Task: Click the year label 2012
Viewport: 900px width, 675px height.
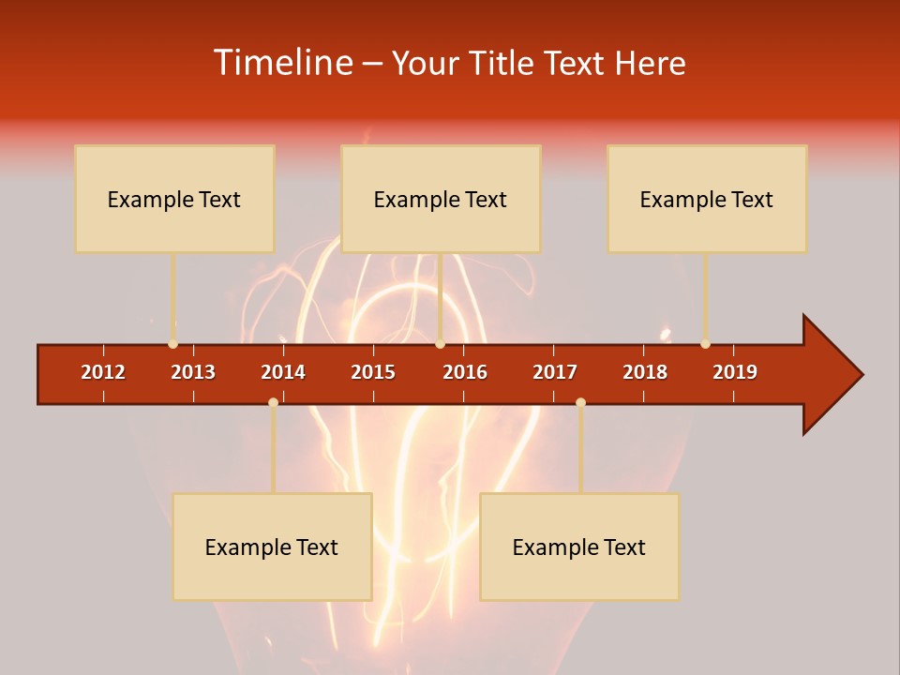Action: pos(103,372)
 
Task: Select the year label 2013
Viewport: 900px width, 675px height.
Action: pos(193,372)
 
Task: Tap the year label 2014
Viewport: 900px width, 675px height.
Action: pos(283,372)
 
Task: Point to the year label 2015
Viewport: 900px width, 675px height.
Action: pos(373,372)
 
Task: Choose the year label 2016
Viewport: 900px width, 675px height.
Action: pos(465,372)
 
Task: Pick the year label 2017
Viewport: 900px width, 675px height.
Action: pos(555,372)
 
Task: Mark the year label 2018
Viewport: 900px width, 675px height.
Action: pos(645,372)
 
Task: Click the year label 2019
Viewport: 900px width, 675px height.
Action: pos(735,372)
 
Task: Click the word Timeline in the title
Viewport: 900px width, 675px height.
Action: pos(282,63)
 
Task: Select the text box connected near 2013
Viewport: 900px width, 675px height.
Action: pos(174,199)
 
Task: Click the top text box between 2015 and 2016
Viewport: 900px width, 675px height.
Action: pos(441,199)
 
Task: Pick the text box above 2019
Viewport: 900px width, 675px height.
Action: pos(707,199)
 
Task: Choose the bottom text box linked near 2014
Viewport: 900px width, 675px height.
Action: pos(272,547)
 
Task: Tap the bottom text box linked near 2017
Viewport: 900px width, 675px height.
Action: pos(579,547)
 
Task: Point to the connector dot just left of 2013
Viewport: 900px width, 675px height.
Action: pos(172,344)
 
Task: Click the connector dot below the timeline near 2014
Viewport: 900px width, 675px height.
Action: pos(273,402)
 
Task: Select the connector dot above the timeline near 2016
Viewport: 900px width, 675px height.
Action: pos(440,344)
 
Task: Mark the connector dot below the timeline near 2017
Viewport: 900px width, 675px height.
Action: pos(580,402)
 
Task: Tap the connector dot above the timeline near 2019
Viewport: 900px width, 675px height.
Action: pos(705,344)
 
